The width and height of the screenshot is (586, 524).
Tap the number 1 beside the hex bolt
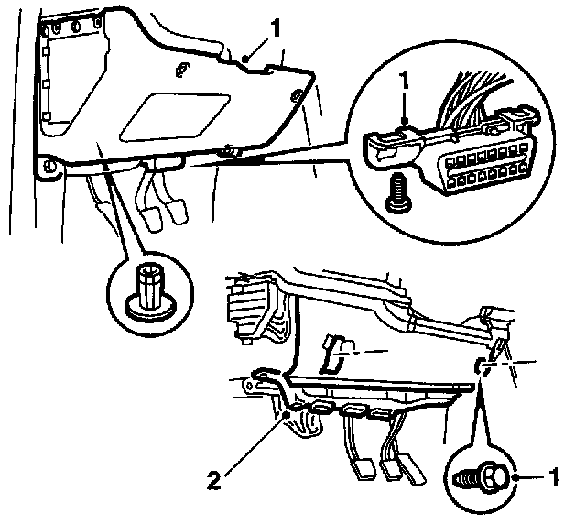click(x=552, y=477)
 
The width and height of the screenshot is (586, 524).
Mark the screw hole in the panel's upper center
click(x=180, y=68)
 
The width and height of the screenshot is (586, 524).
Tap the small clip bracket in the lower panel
click(x=337, y=350)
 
